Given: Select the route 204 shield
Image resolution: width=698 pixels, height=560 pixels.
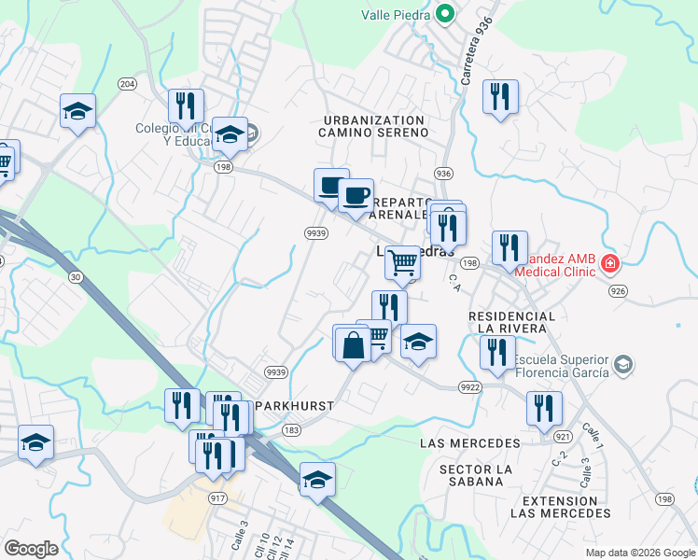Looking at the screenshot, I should (x=128, y=83).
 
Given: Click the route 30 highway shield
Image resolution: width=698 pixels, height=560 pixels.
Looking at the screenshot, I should (x=76, y=276).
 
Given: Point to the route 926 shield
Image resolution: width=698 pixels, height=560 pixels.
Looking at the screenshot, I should (x=642, y=291).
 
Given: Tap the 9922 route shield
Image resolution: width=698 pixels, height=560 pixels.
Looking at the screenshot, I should (x=470, y=385).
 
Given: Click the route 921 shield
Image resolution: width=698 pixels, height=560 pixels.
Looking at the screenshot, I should (x=562, y=436).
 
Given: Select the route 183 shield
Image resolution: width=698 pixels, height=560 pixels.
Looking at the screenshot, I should (x=292, y=429).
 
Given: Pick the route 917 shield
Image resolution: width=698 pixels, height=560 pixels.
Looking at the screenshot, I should (x=218, y=498).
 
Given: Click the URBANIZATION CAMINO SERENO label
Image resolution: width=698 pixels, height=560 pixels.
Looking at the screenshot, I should (x=375, y=127).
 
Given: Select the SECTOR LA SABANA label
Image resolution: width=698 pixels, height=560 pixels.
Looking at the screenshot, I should (x=477, y=475).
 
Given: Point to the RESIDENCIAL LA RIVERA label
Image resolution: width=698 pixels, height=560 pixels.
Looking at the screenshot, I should (x=511, y=323).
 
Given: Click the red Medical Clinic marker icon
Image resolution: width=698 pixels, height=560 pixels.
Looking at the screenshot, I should (x=610, y=264).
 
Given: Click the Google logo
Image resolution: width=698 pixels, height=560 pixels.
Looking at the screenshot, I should (x=31, y=548).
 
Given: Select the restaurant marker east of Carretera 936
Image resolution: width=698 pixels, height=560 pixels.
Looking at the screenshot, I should (x=501, y=95).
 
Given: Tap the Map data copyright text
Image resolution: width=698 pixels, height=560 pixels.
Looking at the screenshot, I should (x=640, y=553).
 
